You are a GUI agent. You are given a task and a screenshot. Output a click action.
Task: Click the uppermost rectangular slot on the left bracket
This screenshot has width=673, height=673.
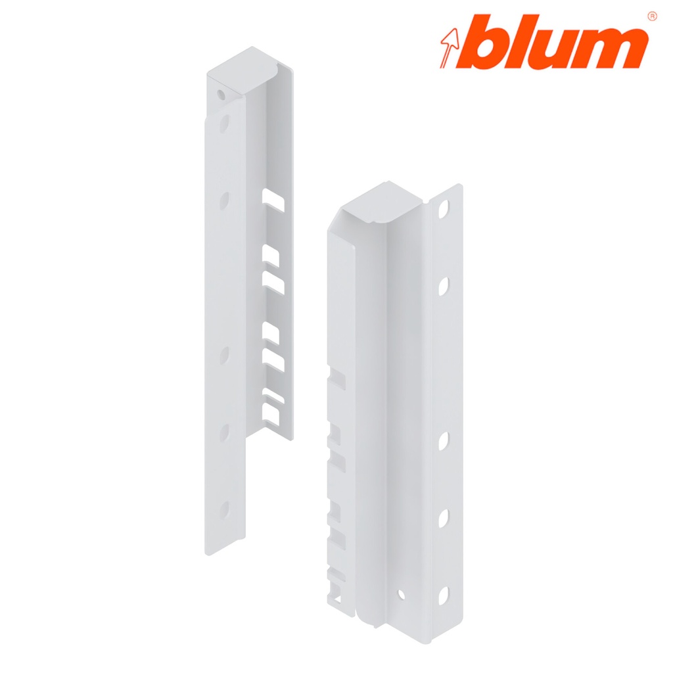[x=273, y=200]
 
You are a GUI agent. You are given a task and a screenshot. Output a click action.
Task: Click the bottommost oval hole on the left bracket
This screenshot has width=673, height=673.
[x=224, y=507]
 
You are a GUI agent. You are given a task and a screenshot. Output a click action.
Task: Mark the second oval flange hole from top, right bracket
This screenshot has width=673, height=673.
[x=444, y=286]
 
